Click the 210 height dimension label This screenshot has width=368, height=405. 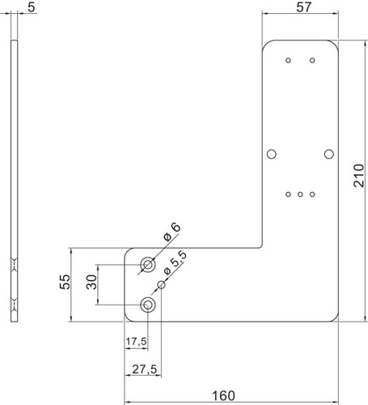(x=359, y=175)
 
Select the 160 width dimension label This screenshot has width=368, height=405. (x=223, y=396)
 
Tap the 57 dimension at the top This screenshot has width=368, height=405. (x=304, y=7)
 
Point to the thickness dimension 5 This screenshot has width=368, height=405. (x=32, y=7)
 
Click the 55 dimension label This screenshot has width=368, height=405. (x=65, y=282)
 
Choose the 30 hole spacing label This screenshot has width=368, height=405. (x=91, y=282)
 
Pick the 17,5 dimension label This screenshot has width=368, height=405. (x=137, y=342)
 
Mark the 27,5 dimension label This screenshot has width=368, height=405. (x=145, y=369)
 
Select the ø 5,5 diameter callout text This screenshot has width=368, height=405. (x=175, y=262)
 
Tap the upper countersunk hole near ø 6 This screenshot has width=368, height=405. (x=148, y=264)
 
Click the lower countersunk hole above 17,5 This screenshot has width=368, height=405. (x=148, y=305)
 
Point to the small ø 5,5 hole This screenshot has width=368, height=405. (x=161, y=284)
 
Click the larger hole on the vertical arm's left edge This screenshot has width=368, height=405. (x=272, y=154)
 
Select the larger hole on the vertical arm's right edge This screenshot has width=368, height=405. (x=328, y=154)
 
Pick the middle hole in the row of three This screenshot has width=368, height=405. (x=300, y=194)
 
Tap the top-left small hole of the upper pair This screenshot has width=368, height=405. (x=288, y=60)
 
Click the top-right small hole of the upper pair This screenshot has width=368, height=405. (x=312, y=60)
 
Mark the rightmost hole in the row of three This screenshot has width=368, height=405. (x=312, y=194)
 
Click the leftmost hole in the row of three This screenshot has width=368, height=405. (x=288, y=194)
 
